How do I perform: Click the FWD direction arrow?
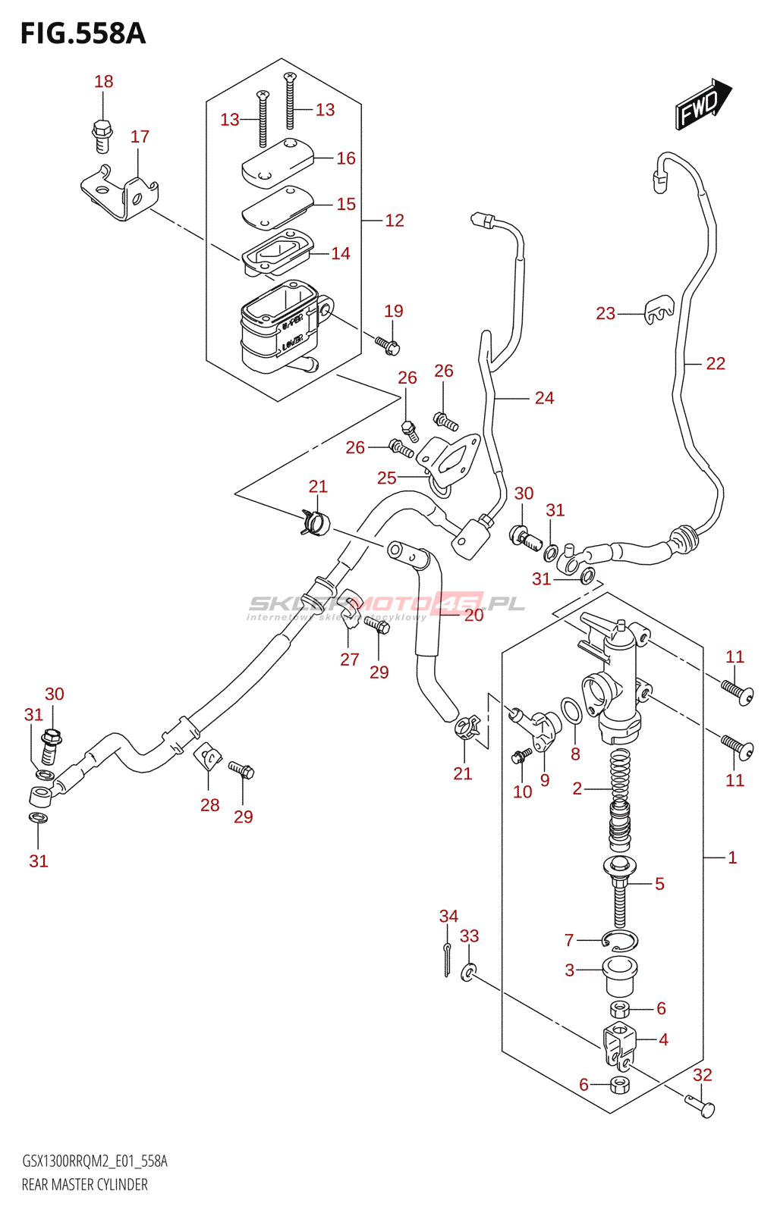point(703,105)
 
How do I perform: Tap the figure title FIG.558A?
point(83,34)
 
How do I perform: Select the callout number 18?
point(104,81)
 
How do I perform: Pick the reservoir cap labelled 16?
point(277,161)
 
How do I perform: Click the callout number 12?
point(395,221)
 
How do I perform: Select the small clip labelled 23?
point(658,309)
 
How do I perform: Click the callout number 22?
point(716,364)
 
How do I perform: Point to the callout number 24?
point(544,398)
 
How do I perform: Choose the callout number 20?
point(473,615)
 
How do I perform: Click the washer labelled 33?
point(470,971)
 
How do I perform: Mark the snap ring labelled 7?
point(620,942)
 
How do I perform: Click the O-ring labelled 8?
point(572,711)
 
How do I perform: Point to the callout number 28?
point(210,805)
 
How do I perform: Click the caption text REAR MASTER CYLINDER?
point(85,1185)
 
